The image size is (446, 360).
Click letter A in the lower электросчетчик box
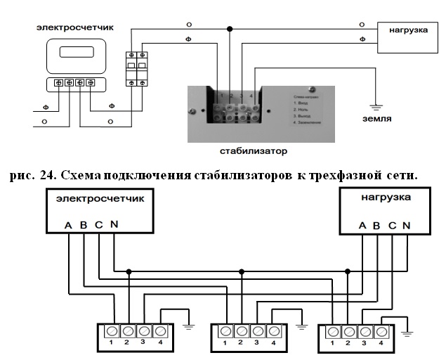(x=68, y=226)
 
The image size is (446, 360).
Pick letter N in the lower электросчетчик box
(x=114, y=226)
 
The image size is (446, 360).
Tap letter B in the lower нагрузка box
(x=377, y=226)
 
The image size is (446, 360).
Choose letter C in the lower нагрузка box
(x=392, y=226)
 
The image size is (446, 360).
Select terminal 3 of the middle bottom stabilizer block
(x=256, y=331)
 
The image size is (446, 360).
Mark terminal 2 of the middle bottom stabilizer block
(x=241, y=331)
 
